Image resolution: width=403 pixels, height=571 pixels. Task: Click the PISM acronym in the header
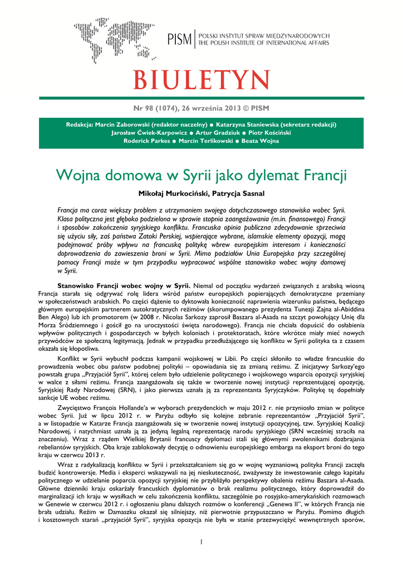coord(179,39)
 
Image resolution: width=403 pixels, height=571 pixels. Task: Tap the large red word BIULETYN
coord(202,80)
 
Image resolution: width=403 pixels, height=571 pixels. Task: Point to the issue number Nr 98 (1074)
coord(158,108)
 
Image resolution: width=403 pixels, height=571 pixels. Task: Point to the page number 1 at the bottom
coord(202,541)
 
